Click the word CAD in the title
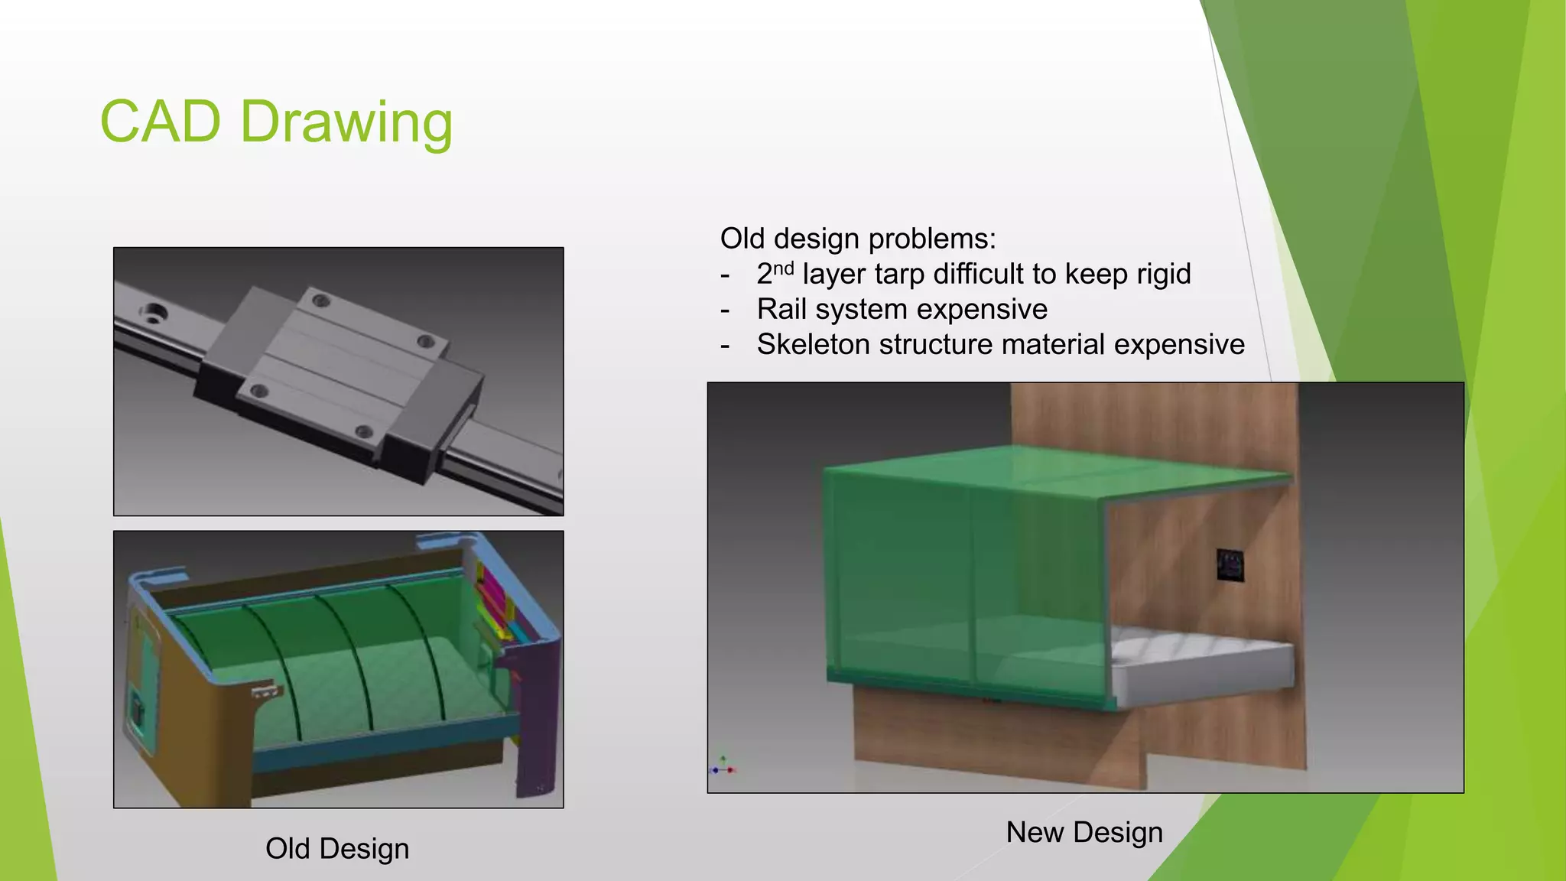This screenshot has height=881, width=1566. coord(161,122)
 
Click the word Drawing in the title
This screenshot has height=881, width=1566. coord(346,123)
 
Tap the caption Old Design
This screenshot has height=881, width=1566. coord(337,849)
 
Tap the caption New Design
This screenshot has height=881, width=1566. coord(1084,832)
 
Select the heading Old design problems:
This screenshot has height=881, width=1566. coord(858,239)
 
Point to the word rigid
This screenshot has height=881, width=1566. coord(1158,274)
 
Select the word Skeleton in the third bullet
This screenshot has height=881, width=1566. coord(814,344)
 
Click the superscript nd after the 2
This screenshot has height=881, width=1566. coord(784,268)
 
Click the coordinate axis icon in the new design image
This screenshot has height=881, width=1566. coord(723,767)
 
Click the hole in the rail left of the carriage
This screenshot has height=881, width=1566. coord(154,312)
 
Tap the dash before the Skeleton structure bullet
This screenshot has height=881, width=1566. coord(725,346)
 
